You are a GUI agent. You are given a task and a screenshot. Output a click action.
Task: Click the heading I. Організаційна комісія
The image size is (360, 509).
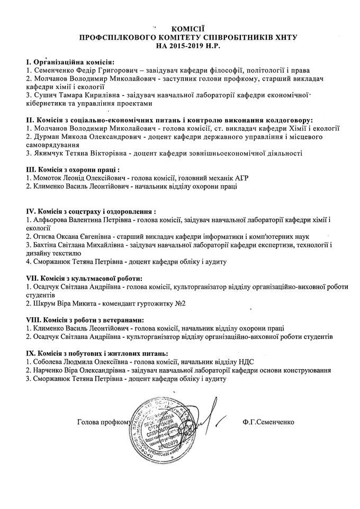[x=70, y=61]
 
